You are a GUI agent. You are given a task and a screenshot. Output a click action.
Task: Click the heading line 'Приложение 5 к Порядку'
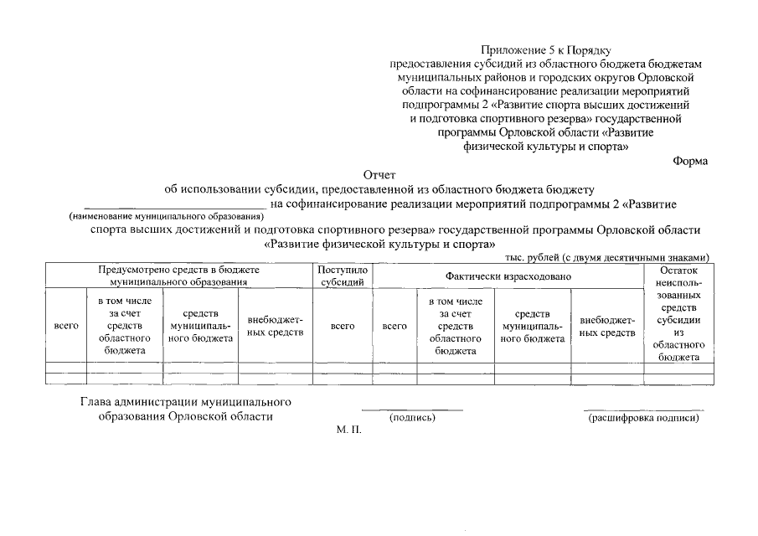coord(550,51)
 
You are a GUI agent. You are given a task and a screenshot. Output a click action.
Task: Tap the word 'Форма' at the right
coord(690,161)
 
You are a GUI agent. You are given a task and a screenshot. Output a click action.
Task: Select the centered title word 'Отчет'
coord(379,175)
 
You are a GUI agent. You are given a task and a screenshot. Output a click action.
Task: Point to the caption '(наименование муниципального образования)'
coord(166,216)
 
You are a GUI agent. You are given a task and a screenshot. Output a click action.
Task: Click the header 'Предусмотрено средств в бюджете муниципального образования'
coord(178,276)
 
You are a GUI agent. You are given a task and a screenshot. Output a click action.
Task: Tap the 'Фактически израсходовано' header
coord(508,276)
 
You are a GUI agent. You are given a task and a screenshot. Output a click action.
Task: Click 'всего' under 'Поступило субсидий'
coord(343,327)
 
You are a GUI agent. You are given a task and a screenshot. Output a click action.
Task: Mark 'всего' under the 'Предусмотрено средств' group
coord(65,327)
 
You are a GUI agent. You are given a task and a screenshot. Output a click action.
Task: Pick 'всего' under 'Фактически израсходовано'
coord(394,327)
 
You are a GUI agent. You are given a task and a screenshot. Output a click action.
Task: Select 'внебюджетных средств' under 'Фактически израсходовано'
coord(607,327)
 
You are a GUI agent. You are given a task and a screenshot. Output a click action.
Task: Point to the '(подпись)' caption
coord(412,417)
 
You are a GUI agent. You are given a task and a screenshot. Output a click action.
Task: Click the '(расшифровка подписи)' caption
coord(643,417)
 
